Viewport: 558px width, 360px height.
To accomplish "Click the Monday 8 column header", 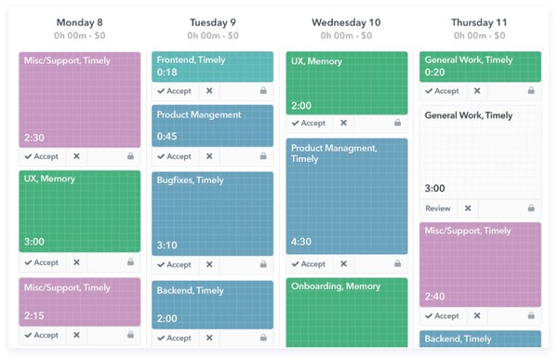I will click(80, 22).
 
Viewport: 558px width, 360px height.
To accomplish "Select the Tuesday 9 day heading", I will click(212, 22).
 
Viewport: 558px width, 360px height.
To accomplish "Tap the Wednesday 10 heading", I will click(346, 22).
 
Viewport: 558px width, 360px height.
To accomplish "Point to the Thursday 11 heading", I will click(479, 22).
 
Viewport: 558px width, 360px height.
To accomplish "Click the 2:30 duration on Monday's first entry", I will click(34, 136).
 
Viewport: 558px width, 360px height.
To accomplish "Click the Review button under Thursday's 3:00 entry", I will click(437, 208).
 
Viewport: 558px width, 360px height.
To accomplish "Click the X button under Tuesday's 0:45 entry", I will click(209, 156).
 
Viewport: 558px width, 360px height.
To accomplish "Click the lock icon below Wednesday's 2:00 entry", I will click(397, 123).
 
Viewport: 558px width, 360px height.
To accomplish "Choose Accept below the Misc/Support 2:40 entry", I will click(442, 316).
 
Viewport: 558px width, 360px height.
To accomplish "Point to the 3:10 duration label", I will click(167, 246).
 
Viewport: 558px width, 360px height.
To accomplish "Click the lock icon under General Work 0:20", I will click(530, 91).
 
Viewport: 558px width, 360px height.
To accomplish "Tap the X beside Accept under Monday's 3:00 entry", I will click(76, 262).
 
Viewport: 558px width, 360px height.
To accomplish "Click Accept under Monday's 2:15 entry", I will click(41, 335).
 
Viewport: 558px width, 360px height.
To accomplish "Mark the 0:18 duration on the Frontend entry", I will click(167, 72).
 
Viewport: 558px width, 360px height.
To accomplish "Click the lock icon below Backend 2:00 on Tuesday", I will click(263, 338).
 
